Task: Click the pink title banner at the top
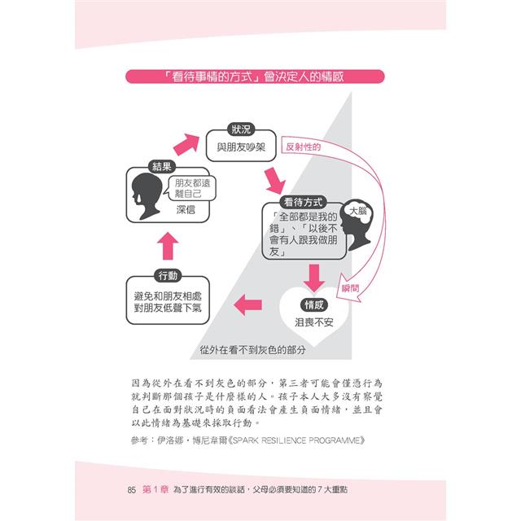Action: click(255, 77)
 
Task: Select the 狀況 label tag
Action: click(241, 129)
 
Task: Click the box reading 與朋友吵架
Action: click(241, 146)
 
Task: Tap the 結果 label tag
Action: click(161, 166)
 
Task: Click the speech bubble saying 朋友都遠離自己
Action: click(192, 188)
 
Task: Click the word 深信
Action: click(186, 210)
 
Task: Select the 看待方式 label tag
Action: click(303, 202)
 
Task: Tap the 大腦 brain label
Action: click(358, 211)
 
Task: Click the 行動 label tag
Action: click(168, 275)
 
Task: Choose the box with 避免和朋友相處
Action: click(168, 300)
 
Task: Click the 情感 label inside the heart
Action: click(314, 304)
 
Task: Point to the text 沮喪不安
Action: click(314, 322)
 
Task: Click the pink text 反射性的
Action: click(303, 147)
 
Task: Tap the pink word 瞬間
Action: click(351, 288)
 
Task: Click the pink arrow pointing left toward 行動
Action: click(247, 304)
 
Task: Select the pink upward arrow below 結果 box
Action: click(168, 246)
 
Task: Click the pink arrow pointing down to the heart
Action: click(314, 278)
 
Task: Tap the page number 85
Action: click(132, 490)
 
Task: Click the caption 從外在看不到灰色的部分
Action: click(252, 350)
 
